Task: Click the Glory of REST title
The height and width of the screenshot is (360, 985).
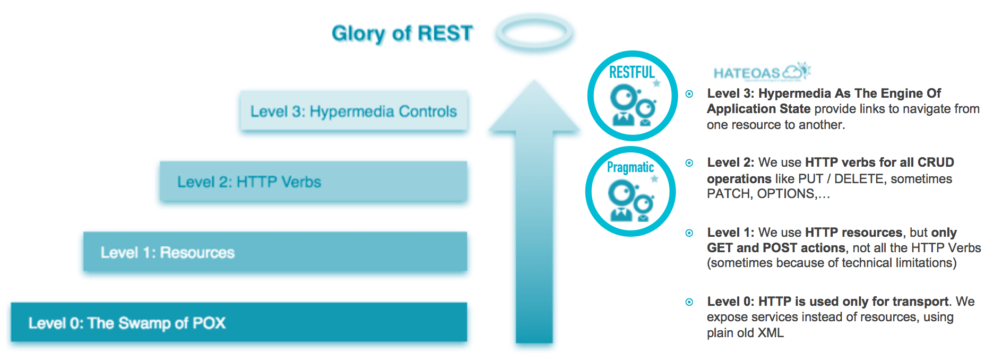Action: [402, 33]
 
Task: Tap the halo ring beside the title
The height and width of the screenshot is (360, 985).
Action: [534, 32]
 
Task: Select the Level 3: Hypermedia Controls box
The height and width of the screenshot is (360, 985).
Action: [353, 111]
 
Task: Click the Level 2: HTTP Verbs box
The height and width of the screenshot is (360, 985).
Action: [313, 182]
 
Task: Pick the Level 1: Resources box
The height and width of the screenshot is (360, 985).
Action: [275, 252]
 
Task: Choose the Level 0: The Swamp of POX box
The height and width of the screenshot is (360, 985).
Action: [239, 322]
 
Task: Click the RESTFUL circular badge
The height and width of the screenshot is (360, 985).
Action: [632, 96]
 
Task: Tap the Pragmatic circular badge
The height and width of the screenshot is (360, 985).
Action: [630, 192]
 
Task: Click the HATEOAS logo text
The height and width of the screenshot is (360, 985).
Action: [747, 73]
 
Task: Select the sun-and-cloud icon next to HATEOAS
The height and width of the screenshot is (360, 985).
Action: [798, 70]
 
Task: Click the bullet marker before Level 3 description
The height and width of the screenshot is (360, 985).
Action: [689, 94]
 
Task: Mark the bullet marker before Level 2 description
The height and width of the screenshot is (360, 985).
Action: [689, 163]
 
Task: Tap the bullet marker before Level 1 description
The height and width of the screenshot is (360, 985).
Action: [689, 233]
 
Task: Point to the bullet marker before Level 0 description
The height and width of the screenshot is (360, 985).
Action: [689, 302]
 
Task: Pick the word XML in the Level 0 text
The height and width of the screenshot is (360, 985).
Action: [771, 333]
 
